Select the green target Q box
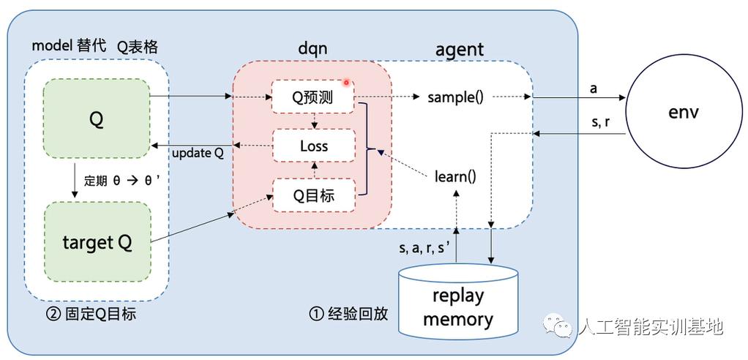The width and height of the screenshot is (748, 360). pos(97,243)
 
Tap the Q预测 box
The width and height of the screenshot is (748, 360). pos(313,97)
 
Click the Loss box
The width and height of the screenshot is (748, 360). pos(313,146)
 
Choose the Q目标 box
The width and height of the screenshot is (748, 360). pos(313,195)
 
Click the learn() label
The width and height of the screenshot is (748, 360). pos(455,176)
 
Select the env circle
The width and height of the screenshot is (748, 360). pos(684,112)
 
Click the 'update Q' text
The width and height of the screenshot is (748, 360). pos(198,154)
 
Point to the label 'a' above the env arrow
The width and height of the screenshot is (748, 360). pos(593,89)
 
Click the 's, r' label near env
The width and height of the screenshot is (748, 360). pos(600,122)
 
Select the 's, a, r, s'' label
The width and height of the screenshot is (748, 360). pos(424,247)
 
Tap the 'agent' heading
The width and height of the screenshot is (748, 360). pos(459,49)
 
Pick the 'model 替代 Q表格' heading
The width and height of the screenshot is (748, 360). pos(94,46)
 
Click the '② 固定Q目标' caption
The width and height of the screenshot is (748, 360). pos(90,315)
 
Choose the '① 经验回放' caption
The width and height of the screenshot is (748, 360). pos(348,315)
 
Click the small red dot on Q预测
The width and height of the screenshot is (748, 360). pos(346,83)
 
